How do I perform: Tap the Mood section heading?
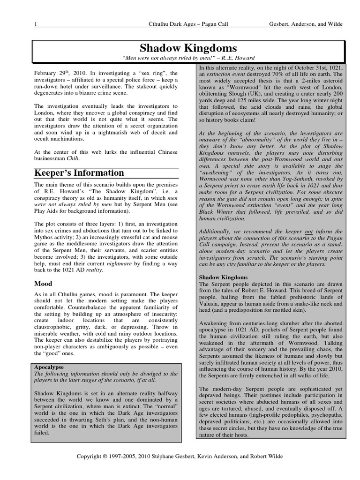(44, 284)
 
